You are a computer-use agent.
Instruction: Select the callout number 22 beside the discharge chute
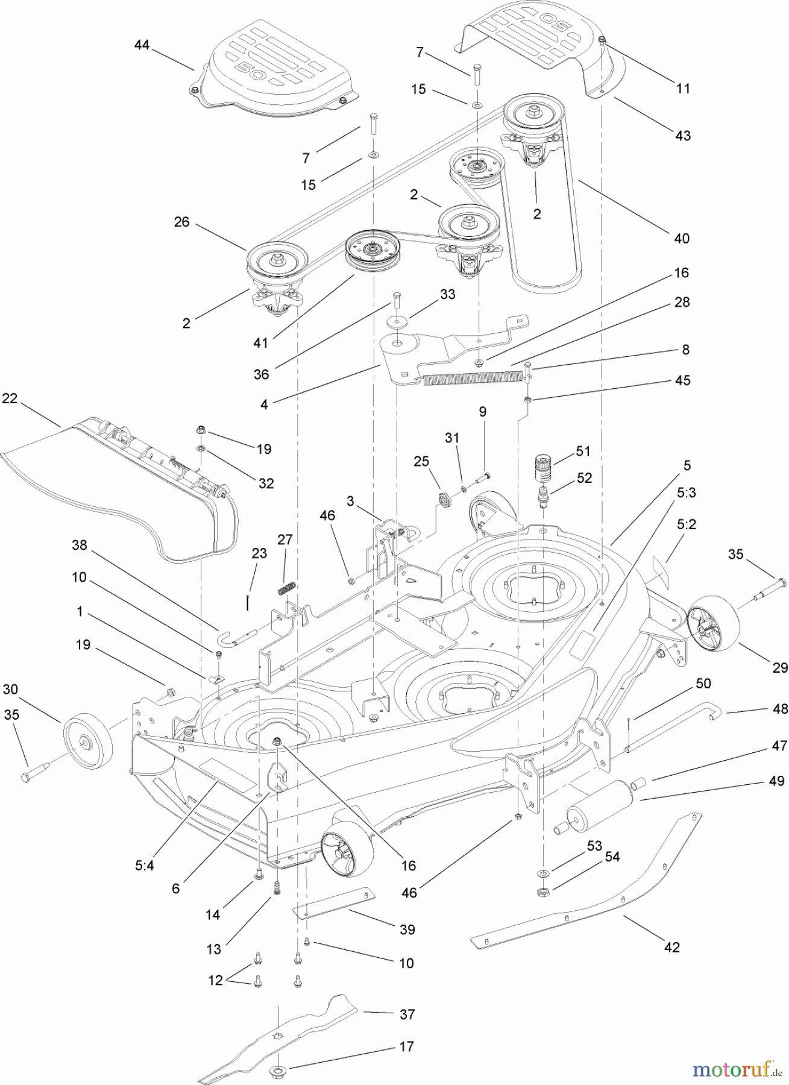(10, 398)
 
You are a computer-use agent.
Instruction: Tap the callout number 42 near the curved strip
(671, 947)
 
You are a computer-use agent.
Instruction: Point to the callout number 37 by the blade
(407, 1014)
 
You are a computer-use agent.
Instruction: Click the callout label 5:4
(145, 865)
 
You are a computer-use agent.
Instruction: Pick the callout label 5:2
(686, 524)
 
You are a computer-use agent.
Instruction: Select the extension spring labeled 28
(470, 378)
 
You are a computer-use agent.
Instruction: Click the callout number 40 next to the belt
(682, 238)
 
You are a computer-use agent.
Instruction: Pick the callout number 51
(583, 451)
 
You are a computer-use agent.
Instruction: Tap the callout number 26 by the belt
(181, 222)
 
